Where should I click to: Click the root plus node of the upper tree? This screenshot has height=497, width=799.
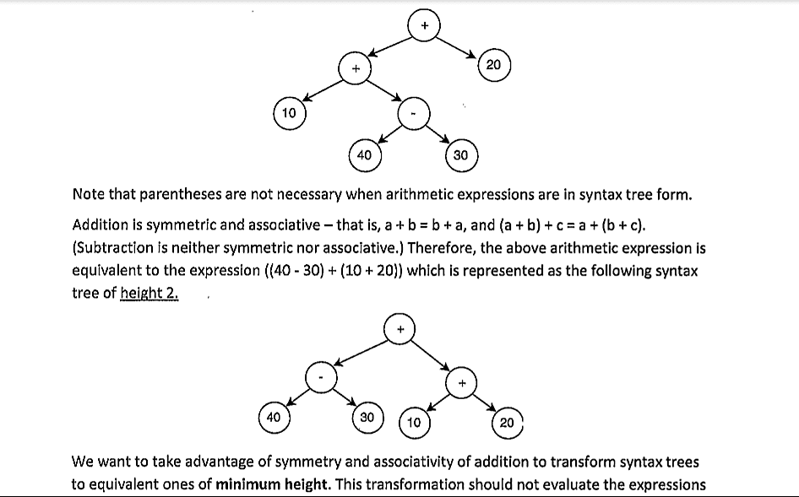click(x=424, y=26)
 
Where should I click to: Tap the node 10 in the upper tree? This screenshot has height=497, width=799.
click(x=289, y=113)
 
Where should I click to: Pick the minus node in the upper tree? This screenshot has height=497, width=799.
click(x=414, y=113)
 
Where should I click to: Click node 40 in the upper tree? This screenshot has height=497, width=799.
click(x=364, y=154)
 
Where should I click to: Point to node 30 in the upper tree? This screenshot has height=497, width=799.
click(x=460, y=154)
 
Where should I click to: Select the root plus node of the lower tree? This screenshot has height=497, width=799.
click(x=401, y=328)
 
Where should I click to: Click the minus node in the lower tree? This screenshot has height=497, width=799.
click(x=322, y=377)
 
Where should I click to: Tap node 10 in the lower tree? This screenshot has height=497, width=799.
click(x=414, y=421)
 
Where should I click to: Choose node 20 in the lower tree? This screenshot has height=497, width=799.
click(x=507, y=421)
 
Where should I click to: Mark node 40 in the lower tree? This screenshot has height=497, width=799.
click(x=274, y=416)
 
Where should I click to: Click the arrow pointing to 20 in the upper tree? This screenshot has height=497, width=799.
click(x=460, y=47)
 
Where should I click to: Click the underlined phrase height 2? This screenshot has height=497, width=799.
click(x=149, y=294)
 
